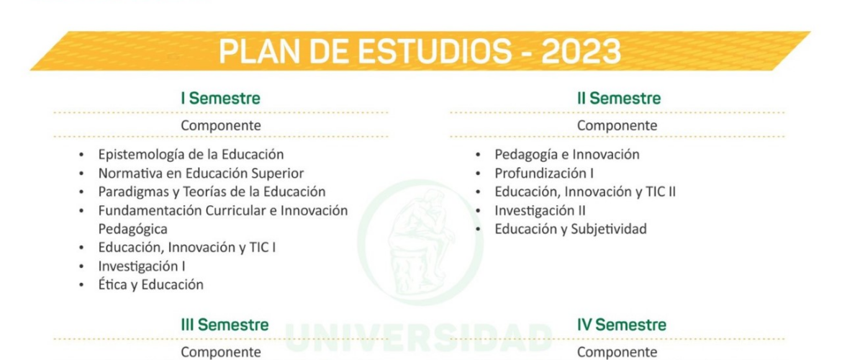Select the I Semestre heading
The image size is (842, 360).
[221, 99]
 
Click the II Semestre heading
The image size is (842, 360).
[619, 99]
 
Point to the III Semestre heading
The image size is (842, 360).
[225, 325]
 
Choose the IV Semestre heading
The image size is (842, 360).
[622, 325]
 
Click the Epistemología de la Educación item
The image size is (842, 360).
[191, 155]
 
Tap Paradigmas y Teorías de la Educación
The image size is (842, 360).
[212, 192]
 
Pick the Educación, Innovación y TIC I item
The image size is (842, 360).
[187, 248]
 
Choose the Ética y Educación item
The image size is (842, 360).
[150, 284]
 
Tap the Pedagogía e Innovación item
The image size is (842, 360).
[567, 155]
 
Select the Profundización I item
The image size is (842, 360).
[544, 174]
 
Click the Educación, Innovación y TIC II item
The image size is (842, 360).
[585, 192]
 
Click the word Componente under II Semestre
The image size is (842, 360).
[617, 126]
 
